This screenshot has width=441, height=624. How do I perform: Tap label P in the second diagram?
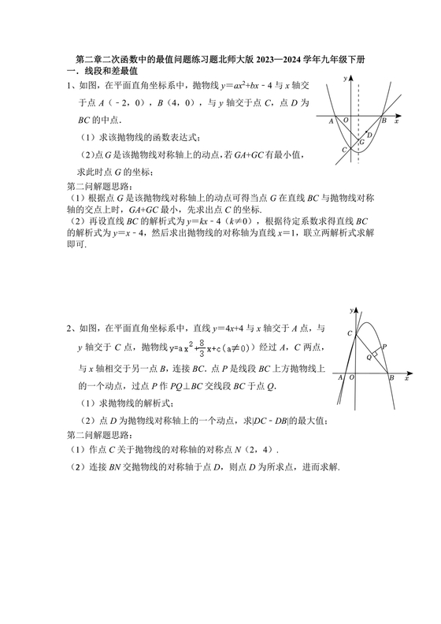click(384, 346)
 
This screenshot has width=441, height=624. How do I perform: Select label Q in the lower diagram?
click(368, 356)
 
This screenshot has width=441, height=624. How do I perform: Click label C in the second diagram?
click(348, 334)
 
